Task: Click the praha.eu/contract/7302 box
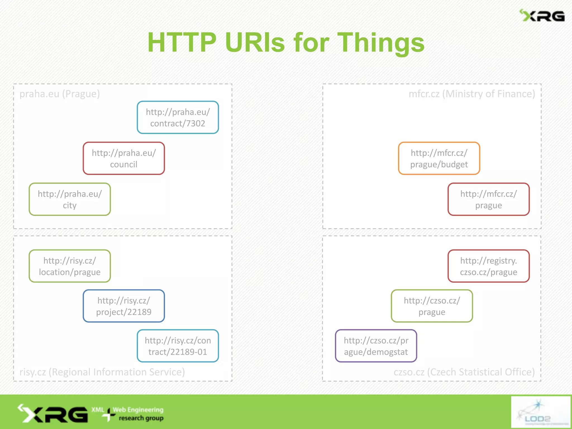178,117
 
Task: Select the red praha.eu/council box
124,158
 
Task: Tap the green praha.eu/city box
70,199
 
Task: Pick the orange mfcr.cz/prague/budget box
439,158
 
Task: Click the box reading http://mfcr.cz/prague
488,199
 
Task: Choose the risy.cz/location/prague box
70,266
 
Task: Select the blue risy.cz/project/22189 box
124,306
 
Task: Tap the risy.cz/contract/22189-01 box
178,346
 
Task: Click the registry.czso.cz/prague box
488,266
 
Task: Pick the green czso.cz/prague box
432,306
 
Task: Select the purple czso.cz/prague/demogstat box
376,346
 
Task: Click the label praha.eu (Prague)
59,94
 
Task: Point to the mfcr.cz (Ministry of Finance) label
472,94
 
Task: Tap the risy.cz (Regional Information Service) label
102,372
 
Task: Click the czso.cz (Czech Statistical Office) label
464,372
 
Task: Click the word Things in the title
381,42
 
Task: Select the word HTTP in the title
182,42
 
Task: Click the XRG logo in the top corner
542,16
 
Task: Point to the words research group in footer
141,418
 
